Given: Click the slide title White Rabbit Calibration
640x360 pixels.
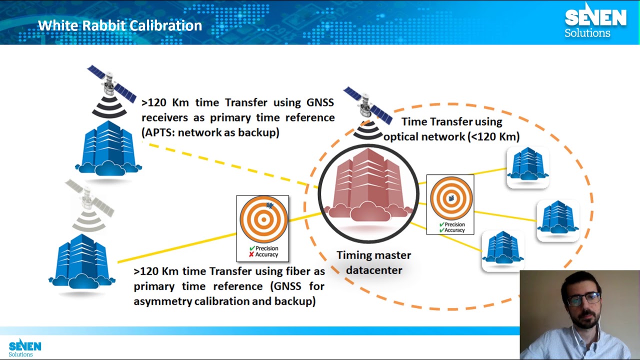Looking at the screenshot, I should [x=120, y=25].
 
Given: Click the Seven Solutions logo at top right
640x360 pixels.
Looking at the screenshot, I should [x=595, y=21].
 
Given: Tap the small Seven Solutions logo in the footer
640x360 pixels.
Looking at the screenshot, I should [x=24, y=347].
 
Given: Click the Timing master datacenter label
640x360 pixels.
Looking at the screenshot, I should [x=373, y=262].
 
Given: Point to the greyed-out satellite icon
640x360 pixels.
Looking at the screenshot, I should [x=89, y=202].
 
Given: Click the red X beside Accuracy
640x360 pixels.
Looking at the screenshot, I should [x=251, y=254].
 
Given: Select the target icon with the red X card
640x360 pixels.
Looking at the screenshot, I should [x=263, y=220].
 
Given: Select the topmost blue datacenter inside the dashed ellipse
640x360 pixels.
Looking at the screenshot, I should [x=528, y=166].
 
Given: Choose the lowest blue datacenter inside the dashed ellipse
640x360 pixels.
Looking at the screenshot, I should [x=503, y=250].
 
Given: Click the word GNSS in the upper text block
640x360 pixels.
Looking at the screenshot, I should [x=320, y=102].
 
